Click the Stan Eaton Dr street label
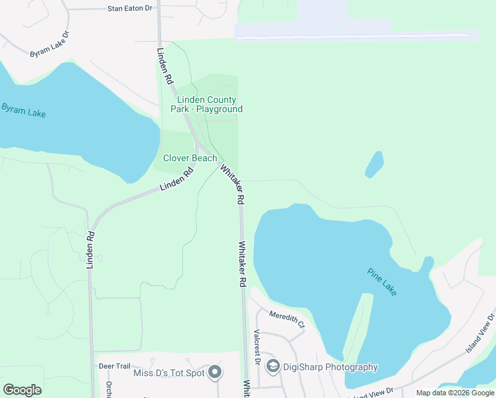pyautogui.click(x=129, y=9)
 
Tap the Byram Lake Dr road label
pyautogui.click(x=50, y=44)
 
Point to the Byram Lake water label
pyautogui.click(x=23, y=109)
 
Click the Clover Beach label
pyautogui.click(x=190, y=158)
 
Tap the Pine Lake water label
pyautogui.click(x=382, y=281)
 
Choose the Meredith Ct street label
pyautogui.click(x=286, y=320)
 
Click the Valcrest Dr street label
pyautogui.click(x=257, y=344)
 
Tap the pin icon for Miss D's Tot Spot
pyautogui.click(x=214, y=373)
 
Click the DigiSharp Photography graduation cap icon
pyautogui.click(x=272, y=366)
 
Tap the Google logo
pyautogui.click(x=22, y=390)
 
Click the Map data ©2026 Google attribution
pyautogui.click(x=455, y=393)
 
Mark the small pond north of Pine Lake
pyautogui.click(x=375, y=164)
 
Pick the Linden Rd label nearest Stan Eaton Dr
pyautogui.click(x=165, y=65)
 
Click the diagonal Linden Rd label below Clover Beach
pyautogui.click(x=176, y=179)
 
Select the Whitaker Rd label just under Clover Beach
pyautogui.click(x=233, y=184)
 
